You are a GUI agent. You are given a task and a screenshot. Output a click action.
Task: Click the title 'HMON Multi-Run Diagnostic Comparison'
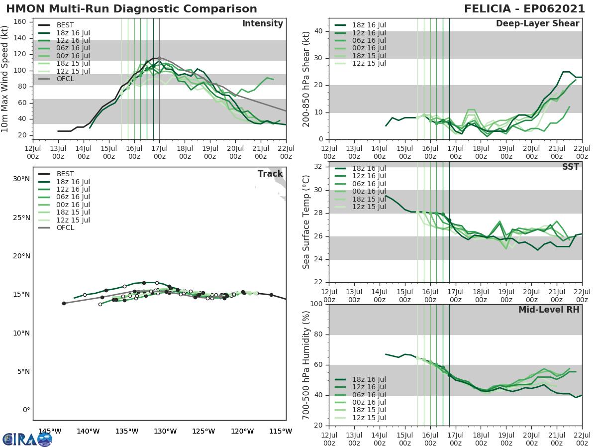[x=131, y=9]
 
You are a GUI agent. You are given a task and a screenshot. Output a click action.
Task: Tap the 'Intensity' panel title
[x=262, y=24]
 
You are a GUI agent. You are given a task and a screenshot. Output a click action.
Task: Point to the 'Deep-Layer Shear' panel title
[x=537, y=24]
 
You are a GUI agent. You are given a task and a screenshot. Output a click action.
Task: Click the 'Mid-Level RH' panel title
[x=549, y=310]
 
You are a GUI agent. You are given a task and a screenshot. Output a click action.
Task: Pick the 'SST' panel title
[x=570, y=167]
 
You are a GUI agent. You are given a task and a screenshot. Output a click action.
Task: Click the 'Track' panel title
[x=270, y=174]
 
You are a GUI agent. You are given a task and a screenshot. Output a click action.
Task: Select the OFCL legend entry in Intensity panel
[x=66, y=79]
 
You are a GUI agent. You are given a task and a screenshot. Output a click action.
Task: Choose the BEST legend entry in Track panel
[x=66, y=174]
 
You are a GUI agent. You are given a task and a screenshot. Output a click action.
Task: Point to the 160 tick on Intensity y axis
[x=20, y=22]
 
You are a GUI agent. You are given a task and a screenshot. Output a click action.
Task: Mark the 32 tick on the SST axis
[x=318, y=167]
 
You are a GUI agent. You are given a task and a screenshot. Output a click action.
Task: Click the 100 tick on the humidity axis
[x=316, y=304]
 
